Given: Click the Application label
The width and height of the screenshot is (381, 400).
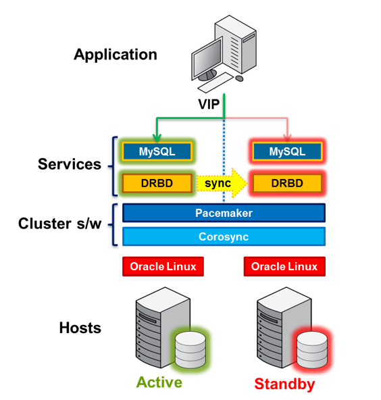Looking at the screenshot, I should coord(116,55).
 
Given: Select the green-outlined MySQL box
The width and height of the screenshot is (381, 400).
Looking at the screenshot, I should coord(157,151).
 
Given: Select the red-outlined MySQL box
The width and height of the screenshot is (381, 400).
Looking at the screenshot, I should coord(286,151).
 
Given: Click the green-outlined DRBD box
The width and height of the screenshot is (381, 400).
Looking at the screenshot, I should coord(157,182).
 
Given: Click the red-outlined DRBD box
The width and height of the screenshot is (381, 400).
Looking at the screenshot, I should coord(286,182).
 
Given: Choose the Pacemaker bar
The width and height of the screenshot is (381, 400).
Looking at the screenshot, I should coord(224,213).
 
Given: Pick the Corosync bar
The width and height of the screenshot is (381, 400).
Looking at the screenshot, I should coord(224,236).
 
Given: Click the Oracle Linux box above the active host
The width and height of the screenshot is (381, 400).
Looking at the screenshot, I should coord(163,266).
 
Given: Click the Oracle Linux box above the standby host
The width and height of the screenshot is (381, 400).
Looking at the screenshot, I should coord(284,266).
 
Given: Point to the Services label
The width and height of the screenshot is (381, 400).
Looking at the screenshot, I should coord(70,164).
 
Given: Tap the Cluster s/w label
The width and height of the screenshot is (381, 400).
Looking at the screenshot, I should coord(60,224).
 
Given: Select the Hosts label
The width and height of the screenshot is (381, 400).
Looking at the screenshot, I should coord(80,328).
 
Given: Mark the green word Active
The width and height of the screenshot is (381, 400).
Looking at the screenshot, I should coord(159,382).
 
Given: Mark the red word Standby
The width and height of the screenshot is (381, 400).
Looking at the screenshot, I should coord(284,384).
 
